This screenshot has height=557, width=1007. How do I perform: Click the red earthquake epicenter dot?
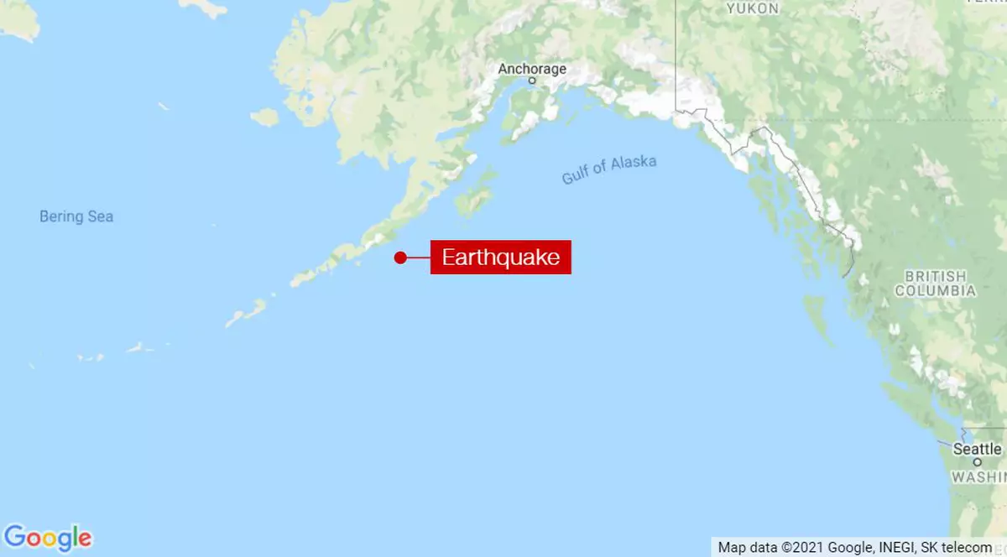[x=401, y=258]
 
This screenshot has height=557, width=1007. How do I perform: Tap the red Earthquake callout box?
[x=501, y=257]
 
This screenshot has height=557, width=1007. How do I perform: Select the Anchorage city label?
[x=532, y=69]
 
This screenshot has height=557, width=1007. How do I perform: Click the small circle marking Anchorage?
[x=532, y=81]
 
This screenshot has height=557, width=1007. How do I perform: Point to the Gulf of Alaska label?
[x=609, y=169]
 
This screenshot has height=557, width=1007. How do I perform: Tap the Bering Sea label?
[x=76, y=216]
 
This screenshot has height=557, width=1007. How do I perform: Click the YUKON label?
[x=753, y=8]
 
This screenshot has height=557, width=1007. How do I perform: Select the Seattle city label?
[x=977, y=449]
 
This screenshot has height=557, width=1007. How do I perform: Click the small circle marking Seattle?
[x=978, y=462]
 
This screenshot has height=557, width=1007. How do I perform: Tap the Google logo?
[x=48, y=537]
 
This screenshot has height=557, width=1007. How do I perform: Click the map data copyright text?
[x=854, y=547]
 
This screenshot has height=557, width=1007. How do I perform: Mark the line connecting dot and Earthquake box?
[x=419, y=258]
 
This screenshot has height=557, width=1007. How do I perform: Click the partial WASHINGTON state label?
[x=978, y=477]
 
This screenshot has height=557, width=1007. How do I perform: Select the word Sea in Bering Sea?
[x=100, y=216]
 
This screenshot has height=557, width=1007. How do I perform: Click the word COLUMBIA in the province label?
[x=935, y=291]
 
